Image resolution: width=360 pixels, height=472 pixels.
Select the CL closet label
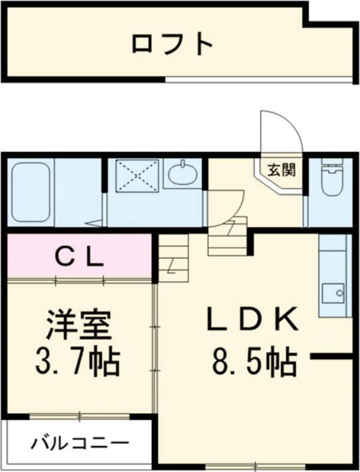point(80,257)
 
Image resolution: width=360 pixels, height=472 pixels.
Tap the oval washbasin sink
point(181,175)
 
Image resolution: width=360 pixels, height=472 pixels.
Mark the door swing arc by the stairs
point(229,203)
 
